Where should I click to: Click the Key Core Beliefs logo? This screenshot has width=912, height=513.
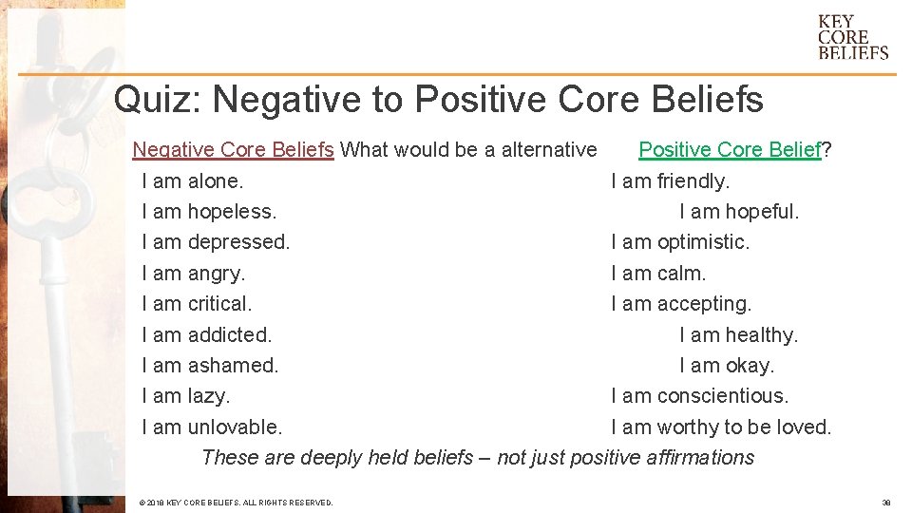[x=852, y=37]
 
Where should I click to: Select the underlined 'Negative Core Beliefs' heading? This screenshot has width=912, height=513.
[x=233, y=149]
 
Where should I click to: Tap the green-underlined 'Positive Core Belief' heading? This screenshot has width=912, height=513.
[x=729, y=149]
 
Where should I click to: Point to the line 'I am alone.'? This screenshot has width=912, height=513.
[x=192, y=180]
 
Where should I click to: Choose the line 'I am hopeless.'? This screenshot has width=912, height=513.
[x=209, y=211]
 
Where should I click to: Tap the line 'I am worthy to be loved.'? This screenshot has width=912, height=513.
[x=721, y=427]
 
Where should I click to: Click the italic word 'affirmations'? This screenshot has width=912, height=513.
[x=700, y=458]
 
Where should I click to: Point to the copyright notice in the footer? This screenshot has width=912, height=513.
[x=236, y=502]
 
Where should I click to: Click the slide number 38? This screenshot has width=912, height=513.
[x=885, y=502]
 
